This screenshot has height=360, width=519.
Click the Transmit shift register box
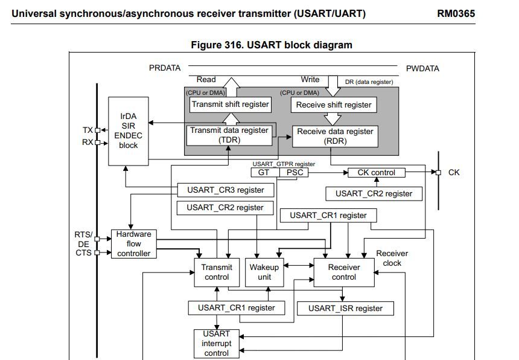229,104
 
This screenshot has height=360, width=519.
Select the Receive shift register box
334,104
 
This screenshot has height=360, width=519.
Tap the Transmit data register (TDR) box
229,135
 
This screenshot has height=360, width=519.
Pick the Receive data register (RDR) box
335,136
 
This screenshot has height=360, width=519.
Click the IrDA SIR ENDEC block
128,131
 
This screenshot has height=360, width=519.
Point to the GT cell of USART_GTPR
264,173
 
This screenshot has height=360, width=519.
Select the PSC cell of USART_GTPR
293,173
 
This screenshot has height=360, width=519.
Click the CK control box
376,173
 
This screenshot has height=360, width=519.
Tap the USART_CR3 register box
225,190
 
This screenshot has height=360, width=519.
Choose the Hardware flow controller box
134,244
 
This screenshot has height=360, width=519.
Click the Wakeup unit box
264,272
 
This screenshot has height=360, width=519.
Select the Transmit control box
217,272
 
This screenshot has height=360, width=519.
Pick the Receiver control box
344,272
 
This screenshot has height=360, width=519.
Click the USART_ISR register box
345,308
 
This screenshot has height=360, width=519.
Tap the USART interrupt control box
217,343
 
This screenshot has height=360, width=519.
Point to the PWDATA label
422,68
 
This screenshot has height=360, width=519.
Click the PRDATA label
165,68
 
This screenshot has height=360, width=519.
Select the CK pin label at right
454,173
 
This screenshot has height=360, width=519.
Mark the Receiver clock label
392,258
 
